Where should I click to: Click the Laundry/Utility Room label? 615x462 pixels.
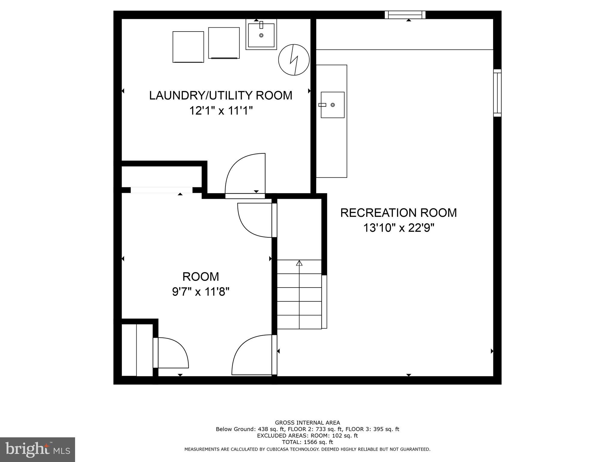tap(220, 95)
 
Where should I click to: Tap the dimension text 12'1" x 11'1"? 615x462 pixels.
tap(220, 111)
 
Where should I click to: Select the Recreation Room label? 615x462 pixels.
tap(398, 213)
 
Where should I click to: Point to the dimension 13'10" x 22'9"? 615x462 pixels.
tap(399, 228)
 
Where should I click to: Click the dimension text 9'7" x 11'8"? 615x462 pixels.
tap(201, 291)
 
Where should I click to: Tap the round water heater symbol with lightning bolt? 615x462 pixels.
tap(294, 60)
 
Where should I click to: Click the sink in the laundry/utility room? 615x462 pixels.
tap(261, 35)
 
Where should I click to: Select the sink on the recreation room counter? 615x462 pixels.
tap(332, 105)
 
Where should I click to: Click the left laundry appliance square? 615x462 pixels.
tap(188, 47)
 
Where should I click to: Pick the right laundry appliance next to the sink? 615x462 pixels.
tap(224, 43)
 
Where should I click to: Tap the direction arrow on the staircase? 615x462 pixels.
tap(299, 263)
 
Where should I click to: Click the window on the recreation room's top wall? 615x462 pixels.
tap(405, 14)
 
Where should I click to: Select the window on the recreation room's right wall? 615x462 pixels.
tap(497, 93)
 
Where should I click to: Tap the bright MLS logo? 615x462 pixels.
tap(38, 449)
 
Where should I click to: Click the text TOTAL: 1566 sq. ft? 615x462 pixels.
tap(307, 442)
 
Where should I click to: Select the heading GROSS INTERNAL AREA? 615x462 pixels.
tap(307, 423)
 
